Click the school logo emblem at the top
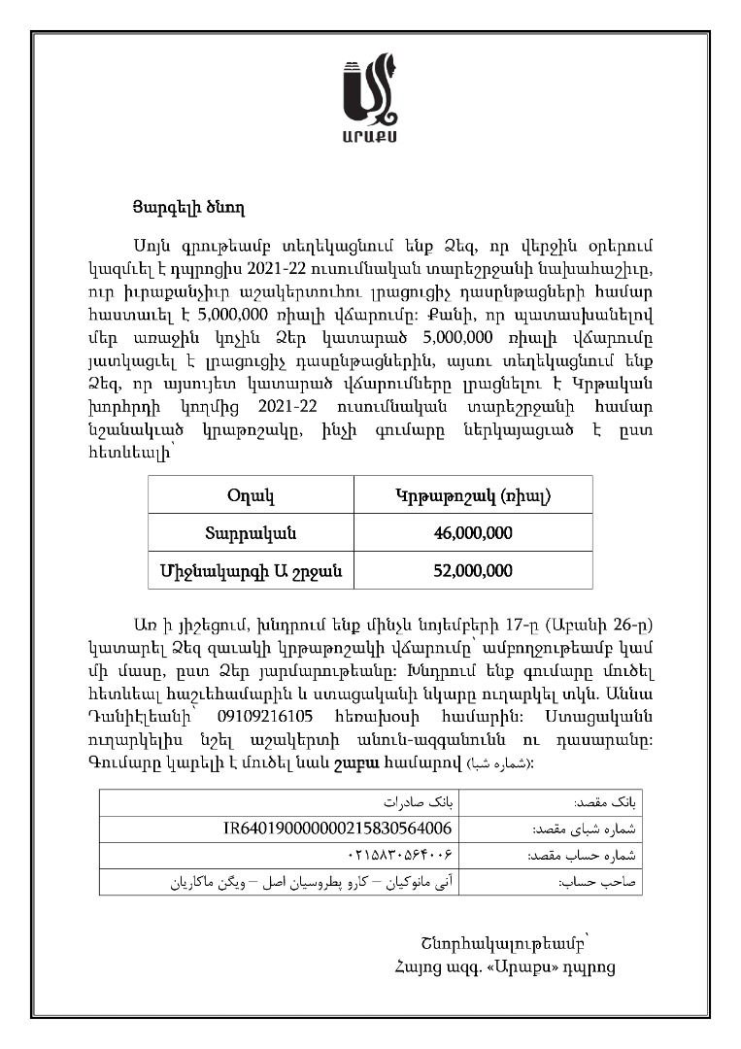370,88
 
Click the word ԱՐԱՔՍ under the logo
370,133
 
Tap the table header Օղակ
250,496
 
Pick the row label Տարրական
250,532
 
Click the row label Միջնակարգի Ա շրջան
250,569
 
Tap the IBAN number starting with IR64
338,829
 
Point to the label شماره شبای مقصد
583,830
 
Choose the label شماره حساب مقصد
582,857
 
